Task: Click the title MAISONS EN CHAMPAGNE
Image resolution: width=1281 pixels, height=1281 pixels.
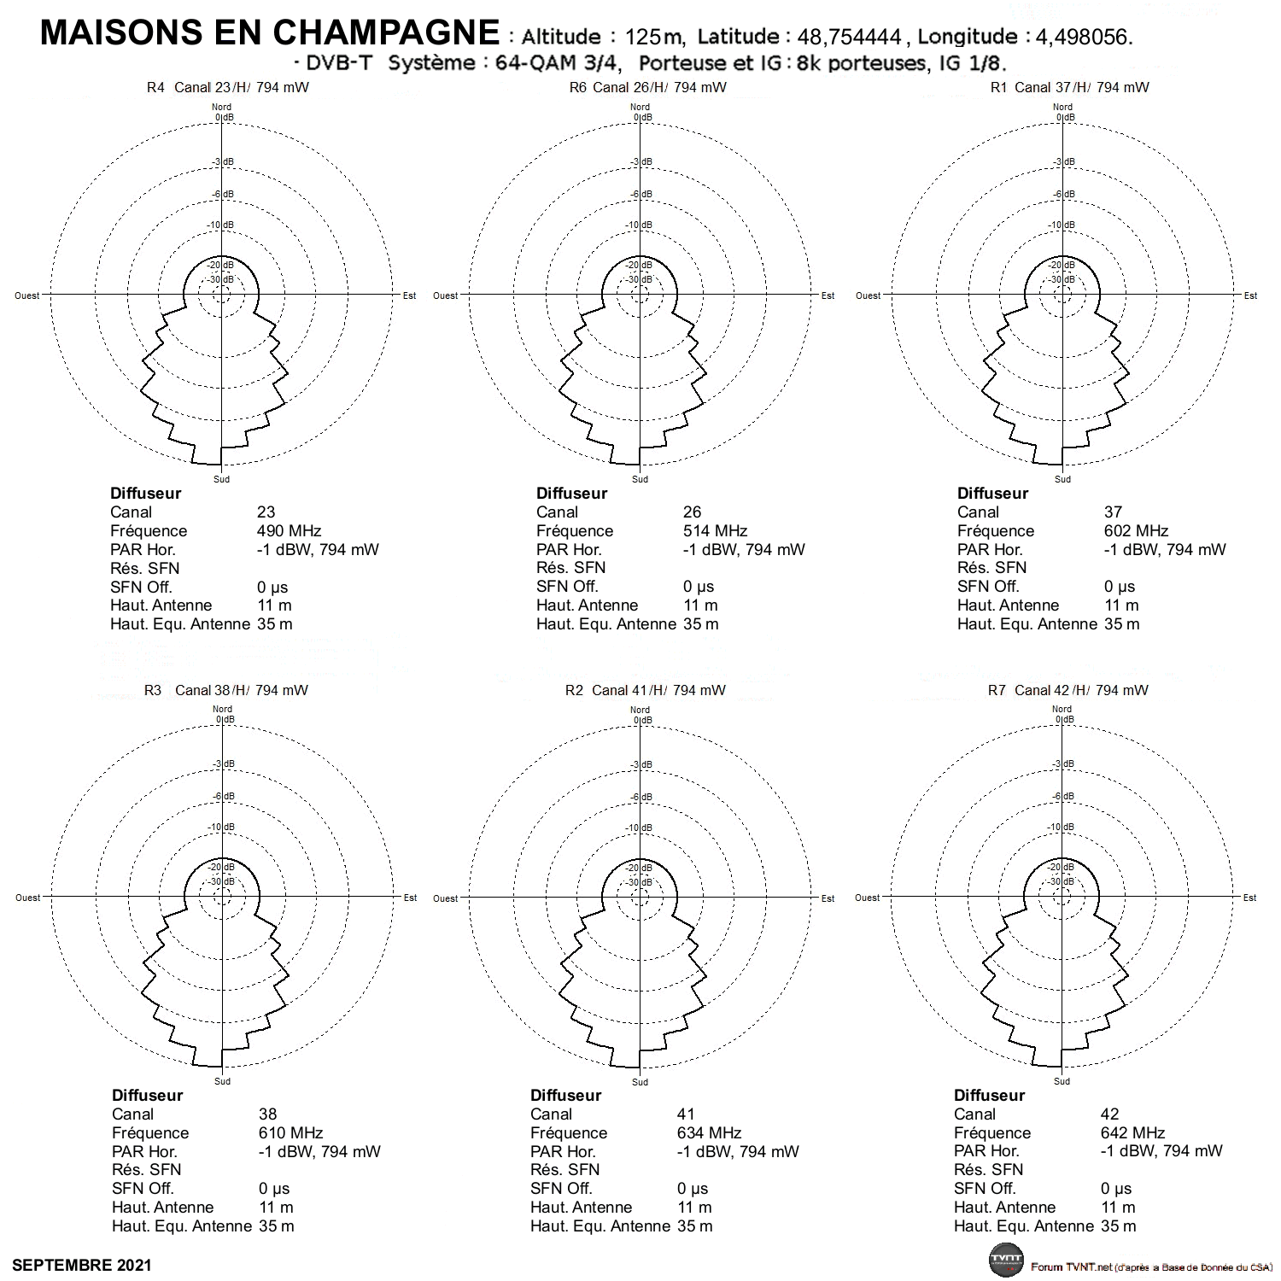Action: [270, 32]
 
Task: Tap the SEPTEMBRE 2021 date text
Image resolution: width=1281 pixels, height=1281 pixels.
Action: [82, 1265]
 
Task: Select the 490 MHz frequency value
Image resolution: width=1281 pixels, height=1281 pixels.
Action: [289, 531]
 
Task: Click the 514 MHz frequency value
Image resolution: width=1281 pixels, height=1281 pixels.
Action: [715, 531]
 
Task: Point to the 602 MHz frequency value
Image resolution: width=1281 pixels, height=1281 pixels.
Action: [1136, 531]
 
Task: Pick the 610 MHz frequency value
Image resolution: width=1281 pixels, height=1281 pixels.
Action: [290, 1133]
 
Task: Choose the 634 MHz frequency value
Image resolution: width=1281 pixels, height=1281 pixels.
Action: [710, 1133]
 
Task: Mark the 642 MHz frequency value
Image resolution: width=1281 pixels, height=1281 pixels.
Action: [1133, 1133]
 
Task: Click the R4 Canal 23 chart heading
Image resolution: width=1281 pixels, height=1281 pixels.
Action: [227, 88]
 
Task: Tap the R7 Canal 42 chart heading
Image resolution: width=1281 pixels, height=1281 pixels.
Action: [1067, 690]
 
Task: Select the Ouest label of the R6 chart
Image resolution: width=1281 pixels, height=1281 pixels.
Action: [445, 296]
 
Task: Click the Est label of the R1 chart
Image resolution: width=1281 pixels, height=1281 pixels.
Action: [1250, 296]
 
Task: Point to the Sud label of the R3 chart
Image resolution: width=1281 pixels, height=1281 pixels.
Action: [222, 1081]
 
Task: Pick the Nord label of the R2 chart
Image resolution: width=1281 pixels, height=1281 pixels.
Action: [640, 710]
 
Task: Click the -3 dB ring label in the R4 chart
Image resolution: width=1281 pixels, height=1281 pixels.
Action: [222, 162]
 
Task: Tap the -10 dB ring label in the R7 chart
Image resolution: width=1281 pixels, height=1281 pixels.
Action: [1062, 828]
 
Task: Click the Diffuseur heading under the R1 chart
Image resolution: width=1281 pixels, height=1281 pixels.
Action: [992, 494]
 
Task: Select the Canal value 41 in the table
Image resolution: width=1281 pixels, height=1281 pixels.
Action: [687, 1114]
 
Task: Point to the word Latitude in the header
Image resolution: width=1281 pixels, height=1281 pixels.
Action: [738, 37]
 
